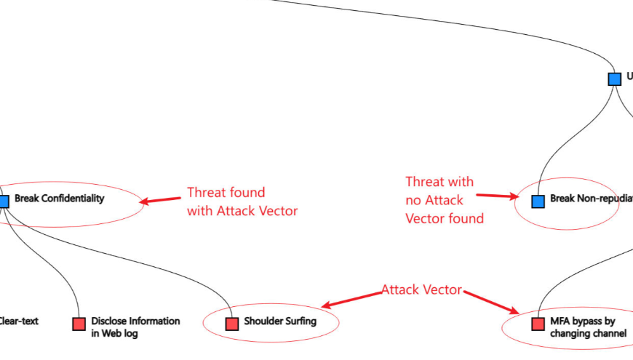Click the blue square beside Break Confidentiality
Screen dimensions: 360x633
(3, 201)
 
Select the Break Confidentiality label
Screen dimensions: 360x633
(60, 198)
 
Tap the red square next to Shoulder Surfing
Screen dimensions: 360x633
(232, 324)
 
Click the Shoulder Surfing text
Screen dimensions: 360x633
(280, 321)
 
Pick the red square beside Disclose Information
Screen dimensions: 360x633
(79, 324)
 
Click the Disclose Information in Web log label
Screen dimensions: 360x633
(135, 327)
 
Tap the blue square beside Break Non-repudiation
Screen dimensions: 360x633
(538, 201)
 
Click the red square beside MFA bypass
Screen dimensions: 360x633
(538, 324)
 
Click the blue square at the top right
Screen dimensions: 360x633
(615, 79)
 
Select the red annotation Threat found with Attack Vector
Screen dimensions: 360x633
(242, 201)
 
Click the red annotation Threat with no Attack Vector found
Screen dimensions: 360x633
(444, 199)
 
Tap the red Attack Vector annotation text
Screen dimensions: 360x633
(421, 289)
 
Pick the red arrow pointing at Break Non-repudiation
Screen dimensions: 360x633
(497, 195)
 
